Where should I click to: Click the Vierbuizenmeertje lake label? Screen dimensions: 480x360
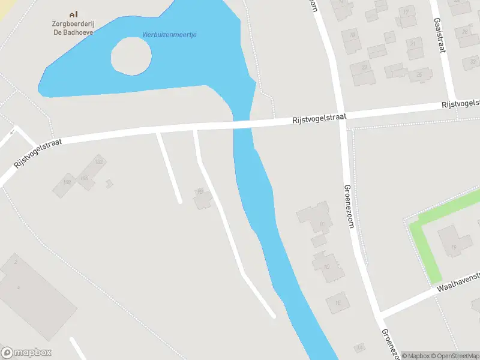pos(169,34)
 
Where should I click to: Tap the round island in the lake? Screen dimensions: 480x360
pos(131,56)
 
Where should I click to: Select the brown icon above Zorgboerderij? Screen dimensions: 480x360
pos(74,13)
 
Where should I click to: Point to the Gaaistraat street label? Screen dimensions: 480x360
pos(439,35)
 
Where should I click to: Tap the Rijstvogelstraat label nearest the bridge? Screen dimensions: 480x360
pos(319,118)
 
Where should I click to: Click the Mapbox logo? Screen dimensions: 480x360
pos(26,352)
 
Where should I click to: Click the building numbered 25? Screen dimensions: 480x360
pos(420,75)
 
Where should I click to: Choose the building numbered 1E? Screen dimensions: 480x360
pos(337,303)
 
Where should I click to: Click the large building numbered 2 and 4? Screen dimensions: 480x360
pos(33,294)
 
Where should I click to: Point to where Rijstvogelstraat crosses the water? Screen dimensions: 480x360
pos(242,125)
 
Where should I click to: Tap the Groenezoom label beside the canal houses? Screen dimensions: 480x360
pos(348,206)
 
